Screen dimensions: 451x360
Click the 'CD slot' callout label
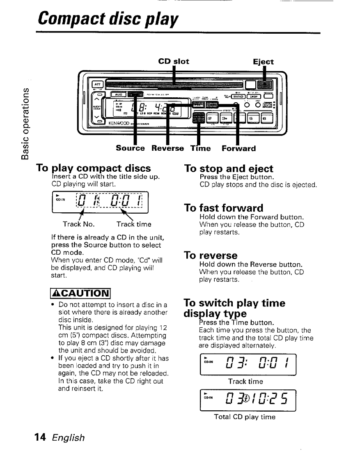coord(174,62)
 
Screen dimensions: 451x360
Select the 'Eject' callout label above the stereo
coord(263,62)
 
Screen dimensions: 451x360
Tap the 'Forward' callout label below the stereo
coord(238,148)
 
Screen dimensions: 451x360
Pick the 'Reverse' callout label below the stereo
coord(167,148)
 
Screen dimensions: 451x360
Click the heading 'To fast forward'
coord(224,208)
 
